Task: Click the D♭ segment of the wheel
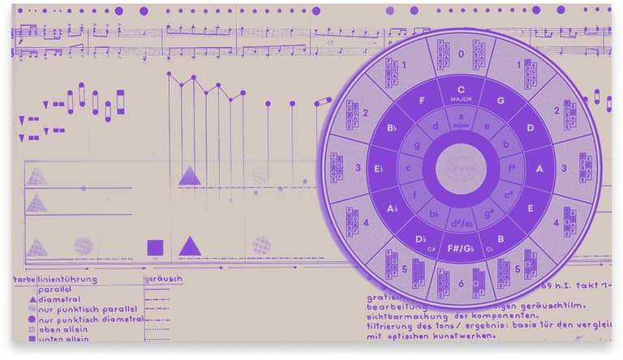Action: click(422, 238)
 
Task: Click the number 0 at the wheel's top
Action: click(461, 55)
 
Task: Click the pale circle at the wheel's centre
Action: click(461, 169)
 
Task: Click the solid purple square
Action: click(154, 247)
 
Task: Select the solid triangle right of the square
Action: click(190, 246)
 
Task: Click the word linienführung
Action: click(67, 280)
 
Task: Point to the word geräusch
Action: click(163, 279)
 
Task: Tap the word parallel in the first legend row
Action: click(55, 289)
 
